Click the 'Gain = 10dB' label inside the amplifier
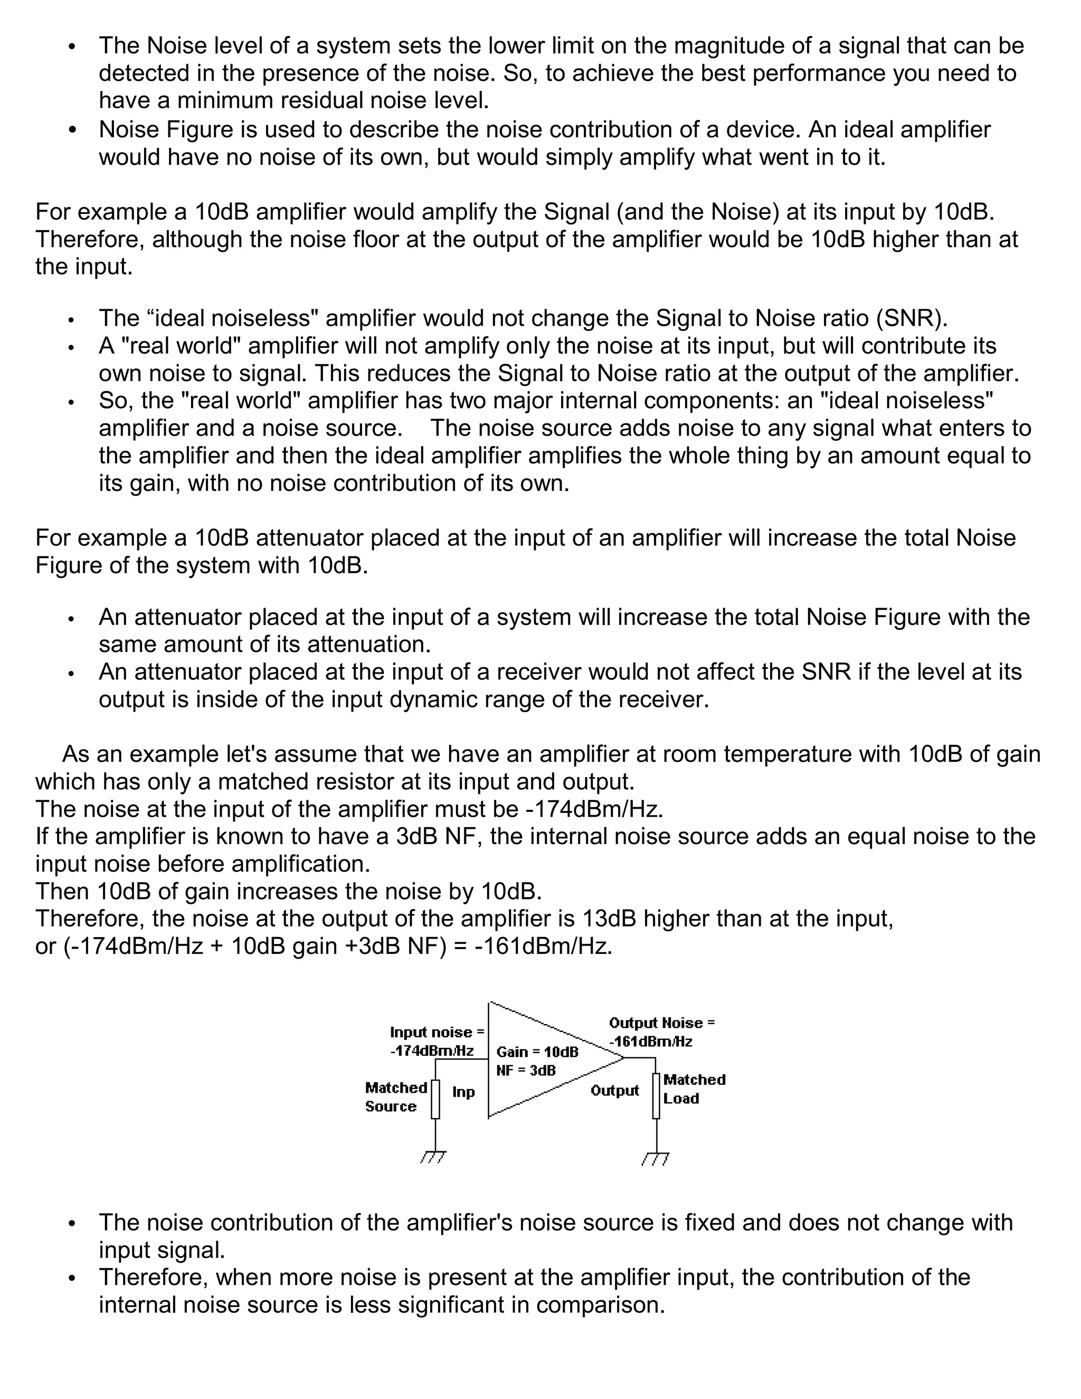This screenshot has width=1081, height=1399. pyautogui.click(x=537, y=1052)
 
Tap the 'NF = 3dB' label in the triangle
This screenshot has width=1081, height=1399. pyautogui.click(x=526, y=1071)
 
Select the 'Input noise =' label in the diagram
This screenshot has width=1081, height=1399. pyautogui.click(x=437, y=1032)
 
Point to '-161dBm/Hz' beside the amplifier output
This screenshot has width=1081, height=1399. pyautogui.click(x=651, y=1042)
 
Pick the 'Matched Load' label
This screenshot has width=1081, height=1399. pyautogui.click(x=694, y=1089)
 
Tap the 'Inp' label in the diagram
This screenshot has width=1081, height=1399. pyautogui.click(x=463, y=1092)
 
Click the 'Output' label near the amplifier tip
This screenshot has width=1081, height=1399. pyautogui.click(x=614, y=1090)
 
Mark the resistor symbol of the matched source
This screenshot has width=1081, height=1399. pyautogui.click(x=435, y=1099)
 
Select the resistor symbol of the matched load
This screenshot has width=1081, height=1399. pyautogui.click(x=656, y=1096)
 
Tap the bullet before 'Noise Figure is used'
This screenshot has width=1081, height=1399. pyautogui.click(x=72, y=130)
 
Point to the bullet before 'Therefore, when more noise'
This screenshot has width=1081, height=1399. pyautogui.click(x=72, y=1278)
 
